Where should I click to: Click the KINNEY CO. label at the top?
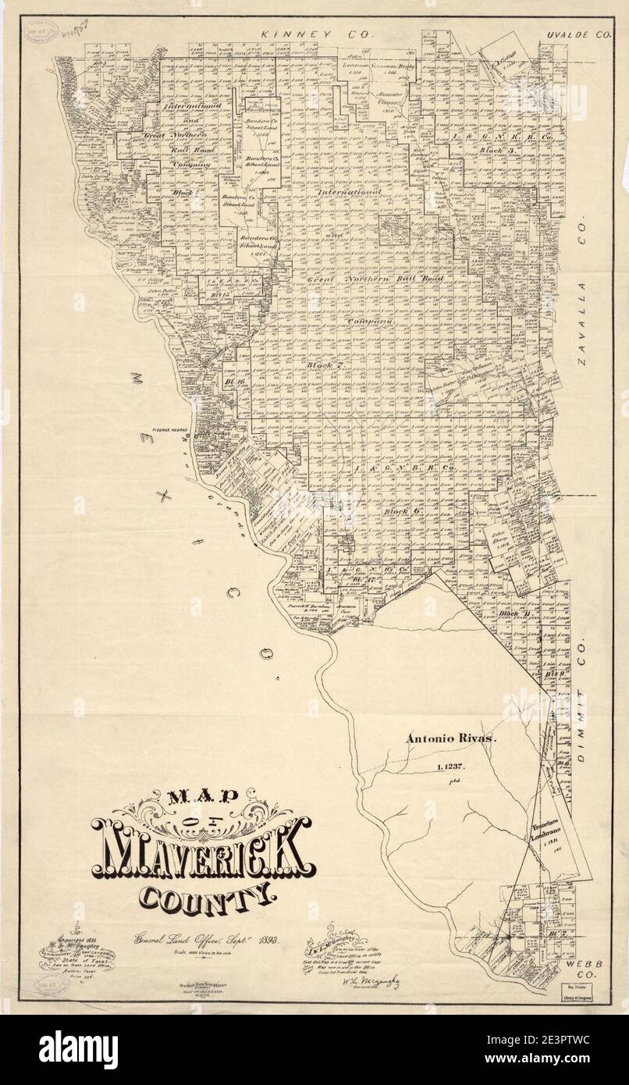(318, 35)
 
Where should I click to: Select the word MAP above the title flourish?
(201, 798)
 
